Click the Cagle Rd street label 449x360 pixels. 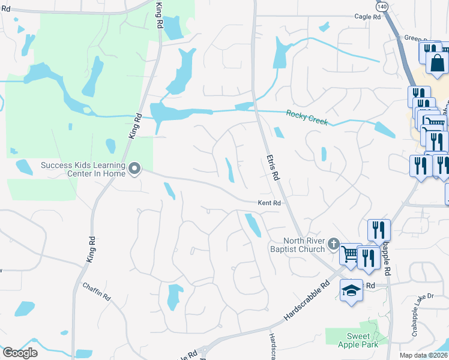[x=367, y=17]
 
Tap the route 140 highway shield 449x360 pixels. [x=382, y=5]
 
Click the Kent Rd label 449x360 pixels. [x=270, y=203]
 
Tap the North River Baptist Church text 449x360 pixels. [x=297, y=245]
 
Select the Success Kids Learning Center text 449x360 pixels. [x=83, y=169]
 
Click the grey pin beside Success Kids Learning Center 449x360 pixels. [x=135, y=170]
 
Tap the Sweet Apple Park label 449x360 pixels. [x=358, y=340]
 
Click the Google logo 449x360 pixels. [x=20, y=353]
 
